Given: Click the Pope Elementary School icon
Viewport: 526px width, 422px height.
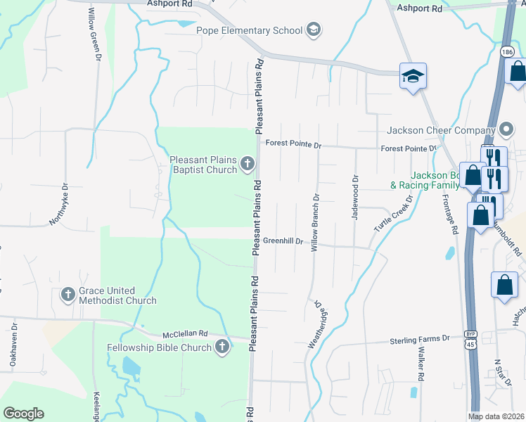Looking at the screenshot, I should [313, 30].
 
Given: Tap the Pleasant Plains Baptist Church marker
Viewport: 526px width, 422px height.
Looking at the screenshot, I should [247, 165].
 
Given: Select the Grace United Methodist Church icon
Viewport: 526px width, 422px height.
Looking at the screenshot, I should [68, 295].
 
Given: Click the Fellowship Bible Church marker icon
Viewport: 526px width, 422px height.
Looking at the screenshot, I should [222, 347].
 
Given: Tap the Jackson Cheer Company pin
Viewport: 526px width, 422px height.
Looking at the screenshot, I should [506, 130].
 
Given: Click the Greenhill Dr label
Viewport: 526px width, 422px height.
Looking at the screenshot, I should [283, 241].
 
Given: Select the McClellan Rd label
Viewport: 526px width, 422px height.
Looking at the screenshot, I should [185, 334].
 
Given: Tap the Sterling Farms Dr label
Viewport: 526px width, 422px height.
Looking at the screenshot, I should [419, 340].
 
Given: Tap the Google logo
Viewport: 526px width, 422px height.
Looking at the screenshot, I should [23, 414].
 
